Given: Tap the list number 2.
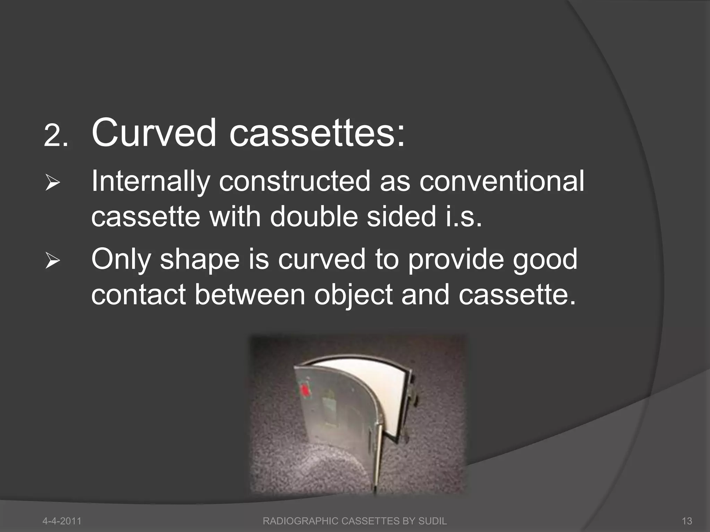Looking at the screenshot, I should click(x=56, y=136).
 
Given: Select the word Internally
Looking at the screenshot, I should click(x=150, y=183).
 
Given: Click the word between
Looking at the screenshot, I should click(x=249, y=294).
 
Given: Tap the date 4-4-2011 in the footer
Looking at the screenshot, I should click(x=62, y=521).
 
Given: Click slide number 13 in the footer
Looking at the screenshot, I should click(x=687, y=521).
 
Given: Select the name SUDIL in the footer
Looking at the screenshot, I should click(x=432, y=521).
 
